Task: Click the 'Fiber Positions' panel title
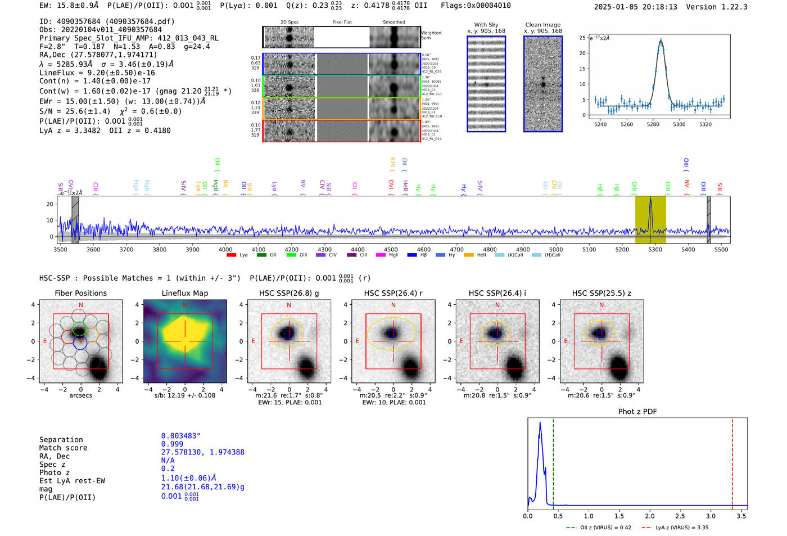[x=80, y=293]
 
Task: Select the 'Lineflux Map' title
[x=184, y=293]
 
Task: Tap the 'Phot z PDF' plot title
[x=637, y=412]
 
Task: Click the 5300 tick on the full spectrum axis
[x=655, y=249]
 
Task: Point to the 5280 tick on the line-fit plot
[x=653, y=124]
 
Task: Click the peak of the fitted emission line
[x=661, y=40]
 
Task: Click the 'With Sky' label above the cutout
[x=486, y=25]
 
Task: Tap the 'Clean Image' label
[x=542, y=25]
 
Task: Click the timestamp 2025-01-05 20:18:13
[x=635, y=7]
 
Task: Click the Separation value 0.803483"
[x=180, y=436]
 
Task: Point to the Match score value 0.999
[x=172, y=444]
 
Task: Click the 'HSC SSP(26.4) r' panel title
[x=393, y=293]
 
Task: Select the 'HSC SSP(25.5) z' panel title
[x=601, y=293]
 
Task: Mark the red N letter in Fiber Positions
[x=81, y=305]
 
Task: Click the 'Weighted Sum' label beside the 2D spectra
[x=431, y=35]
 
